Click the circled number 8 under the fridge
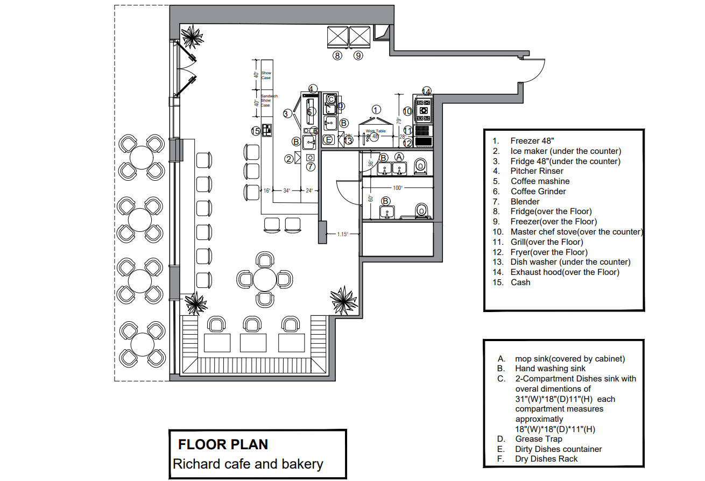click(337, 55)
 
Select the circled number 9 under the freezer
click(358, 55)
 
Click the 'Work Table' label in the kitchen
click(376, 131)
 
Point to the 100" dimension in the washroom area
click(398, 188)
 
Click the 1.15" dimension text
click(343, 234)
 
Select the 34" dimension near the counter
click(287, 190)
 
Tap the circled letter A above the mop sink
click(399, 156)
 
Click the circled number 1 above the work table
click(376, 109)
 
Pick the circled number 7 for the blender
click(310, 166)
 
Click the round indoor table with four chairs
click(264, 279)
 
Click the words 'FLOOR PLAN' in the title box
click(223, 444)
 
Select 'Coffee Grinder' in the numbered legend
click(538, 192)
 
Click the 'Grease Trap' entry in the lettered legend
click(539, 439)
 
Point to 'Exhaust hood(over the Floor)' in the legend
click(565, 272)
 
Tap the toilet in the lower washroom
click(421, 210)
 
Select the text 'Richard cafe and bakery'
click(248, 464)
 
